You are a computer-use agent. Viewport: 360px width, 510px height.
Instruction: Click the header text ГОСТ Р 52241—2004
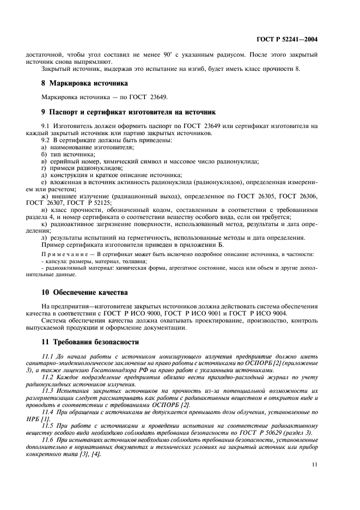tap(286, 39)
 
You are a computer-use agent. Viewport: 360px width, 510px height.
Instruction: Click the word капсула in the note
tap(56, 262)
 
